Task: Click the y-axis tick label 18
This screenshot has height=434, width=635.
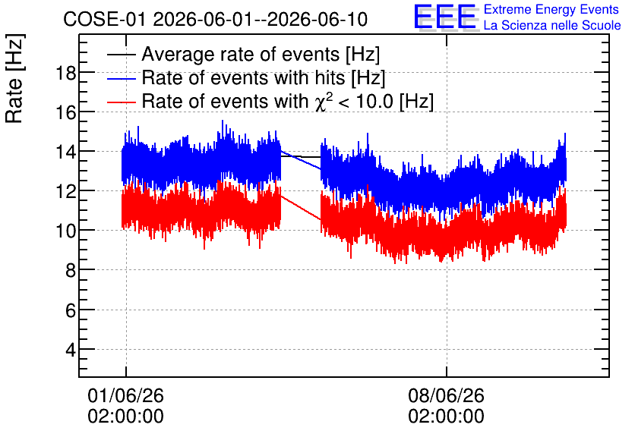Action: pos(65,74)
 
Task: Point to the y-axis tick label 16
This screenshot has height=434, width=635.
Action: pos(65,113)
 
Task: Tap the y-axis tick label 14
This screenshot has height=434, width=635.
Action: pos(65,153)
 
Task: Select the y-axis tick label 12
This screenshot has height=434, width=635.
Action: pos(65,192)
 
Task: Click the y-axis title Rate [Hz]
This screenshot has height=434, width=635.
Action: pos(15,78)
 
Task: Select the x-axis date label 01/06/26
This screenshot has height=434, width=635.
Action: pos(125,395)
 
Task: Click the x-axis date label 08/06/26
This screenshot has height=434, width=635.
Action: pos(447,395)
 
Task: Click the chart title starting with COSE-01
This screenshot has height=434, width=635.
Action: pos(216,19)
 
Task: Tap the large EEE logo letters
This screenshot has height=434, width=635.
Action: pos(445,17)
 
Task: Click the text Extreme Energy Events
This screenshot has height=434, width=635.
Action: pos(551,9)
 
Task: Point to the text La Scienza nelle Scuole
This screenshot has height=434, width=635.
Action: pos(552,26)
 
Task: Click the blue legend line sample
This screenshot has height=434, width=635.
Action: pos(121,78)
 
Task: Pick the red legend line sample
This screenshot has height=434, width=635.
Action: pos(121,102)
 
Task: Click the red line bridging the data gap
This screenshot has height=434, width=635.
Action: pos(301,208)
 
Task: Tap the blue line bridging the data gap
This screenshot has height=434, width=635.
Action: pos(301,160)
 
